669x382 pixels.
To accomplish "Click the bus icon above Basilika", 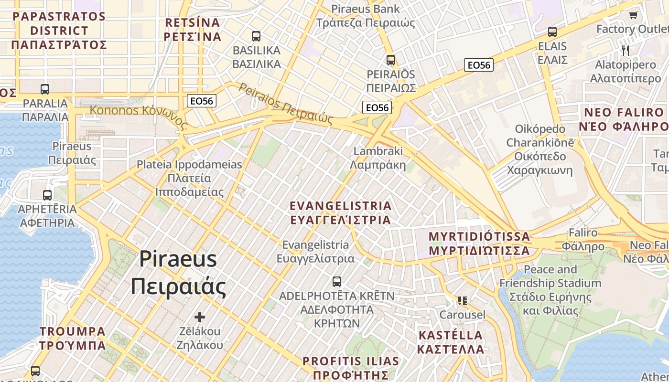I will [256, 36].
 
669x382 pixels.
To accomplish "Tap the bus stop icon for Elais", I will [552, 32].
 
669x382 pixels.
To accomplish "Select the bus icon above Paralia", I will [45, 89].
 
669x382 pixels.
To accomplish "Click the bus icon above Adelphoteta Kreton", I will [337, 281].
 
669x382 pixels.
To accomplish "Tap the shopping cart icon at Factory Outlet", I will [633, 15].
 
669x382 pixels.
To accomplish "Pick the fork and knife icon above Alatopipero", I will [625, 50].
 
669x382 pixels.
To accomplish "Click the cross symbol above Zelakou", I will [200, 317].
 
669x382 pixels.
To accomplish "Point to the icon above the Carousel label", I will [462, 300].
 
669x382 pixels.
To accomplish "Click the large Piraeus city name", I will [178, 273].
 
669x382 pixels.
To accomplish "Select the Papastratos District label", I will [59, 30].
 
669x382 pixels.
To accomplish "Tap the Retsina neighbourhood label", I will [192, 30].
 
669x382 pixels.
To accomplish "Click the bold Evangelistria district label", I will [341, 212].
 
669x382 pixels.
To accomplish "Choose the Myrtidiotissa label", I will [479, 243].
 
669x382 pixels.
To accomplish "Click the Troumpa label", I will [73, 338].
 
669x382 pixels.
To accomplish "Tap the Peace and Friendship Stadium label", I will [550, 290].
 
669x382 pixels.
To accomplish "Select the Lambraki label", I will [378, 158].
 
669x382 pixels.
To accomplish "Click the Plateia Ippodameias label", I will [189, 178].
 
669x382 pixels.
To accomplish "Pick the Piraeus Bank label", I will [366, 15].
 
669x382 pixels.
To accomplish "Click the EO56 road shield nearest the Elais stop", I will [479, 65].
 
